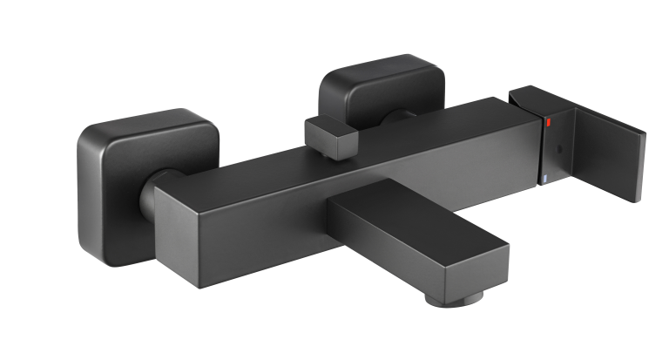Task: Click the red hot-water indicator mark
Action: point(547,126)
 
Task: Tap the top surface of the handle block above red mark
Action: point(531,98)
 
